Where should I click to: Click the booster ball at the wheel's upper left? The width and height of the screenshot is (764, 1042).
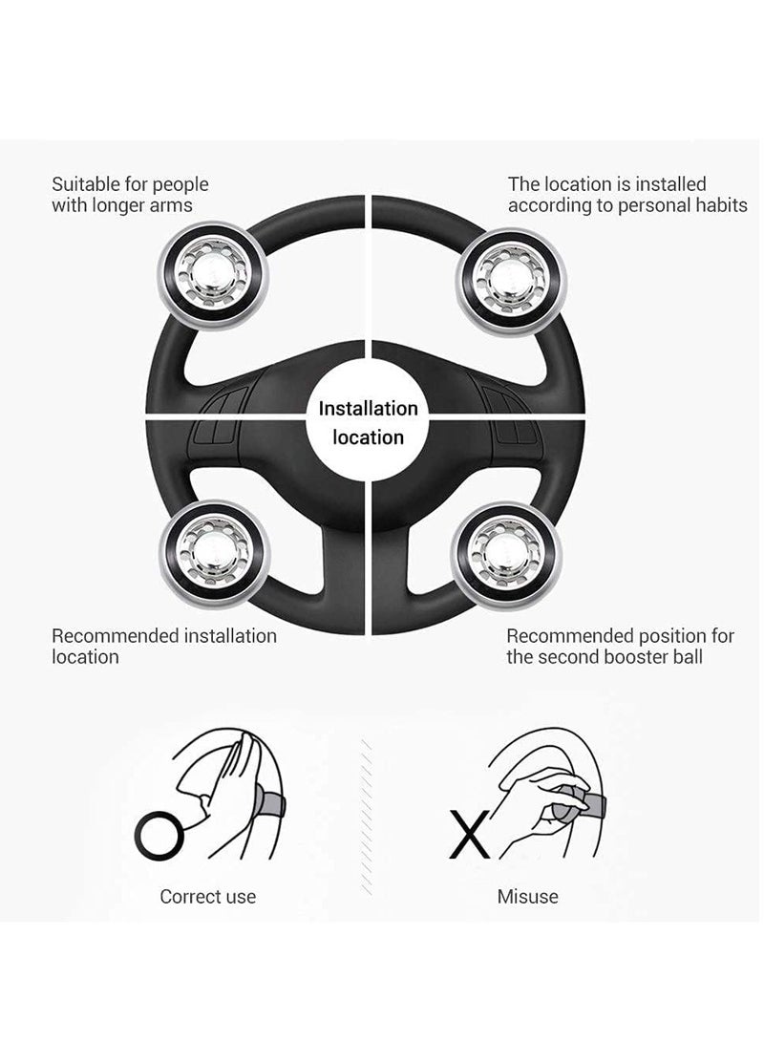(x=211, y=275)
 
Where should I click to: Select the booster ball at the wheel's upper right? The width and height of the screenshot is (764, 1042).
(x=514, y=275)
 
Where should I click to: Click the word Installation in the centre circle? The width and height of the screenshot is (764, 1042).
(x=368, y=409)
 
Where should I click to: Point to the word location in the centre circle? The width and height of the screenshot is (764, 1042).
(x=369, y=437)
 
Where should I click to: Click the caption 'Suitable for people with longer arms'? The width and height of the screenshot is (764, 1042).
(x=130, y=194)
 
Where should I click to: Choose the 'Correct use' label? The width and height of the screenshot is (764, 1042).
(x=207, y=896)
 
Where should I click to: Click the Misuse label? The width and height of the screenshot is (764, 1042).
(x=527, y=896)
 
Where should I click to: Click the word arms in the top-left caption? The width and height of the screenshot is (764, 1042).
(x=172, y=205)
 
